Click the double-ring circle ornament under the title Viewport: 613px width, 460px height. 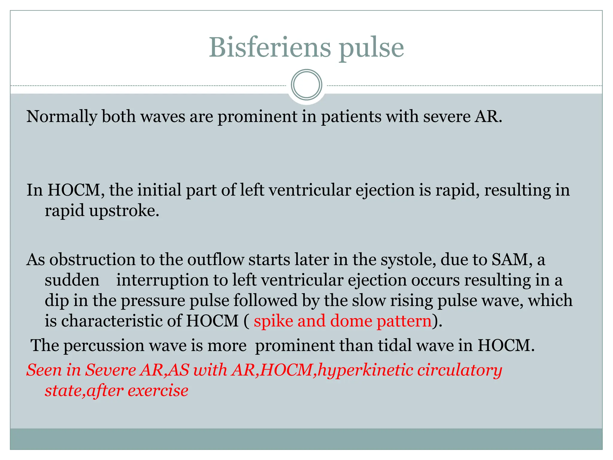pos(306,85)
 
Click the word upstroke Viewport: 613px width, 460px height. pos(124,211)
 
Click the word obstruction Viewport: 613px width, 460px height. pos(92,260)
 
